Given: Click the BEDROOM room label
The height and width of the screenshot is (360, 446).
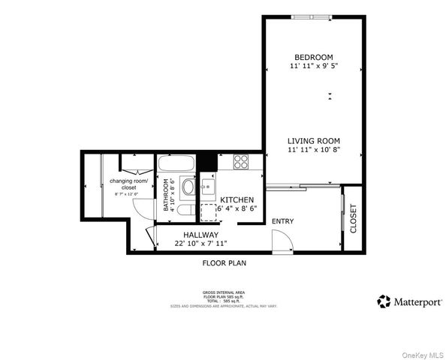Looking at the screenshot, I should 313,57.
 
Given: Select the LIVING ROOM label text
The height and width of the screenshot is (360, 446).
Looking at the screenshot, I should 314,140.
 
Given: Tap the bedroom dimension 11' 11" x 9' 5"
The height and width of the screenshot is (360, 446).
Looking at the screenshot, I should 313,67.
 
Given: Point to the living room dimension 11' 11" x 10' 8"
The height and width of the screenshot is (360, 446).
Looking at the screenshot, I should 314,150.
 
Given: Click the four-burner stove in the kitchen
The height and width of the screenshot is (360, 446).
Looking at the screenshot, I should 241,160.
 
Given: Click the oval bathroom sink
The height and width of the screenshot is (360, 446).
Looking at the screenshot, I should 188,187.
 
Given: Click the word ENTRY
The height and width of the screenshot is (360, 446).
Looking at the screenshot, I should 282,220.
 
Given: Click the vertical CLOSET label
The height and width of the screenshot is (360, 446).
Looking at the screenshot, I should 353,218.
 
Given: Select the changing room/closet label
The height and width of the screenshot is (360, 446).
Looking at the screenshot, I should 130,184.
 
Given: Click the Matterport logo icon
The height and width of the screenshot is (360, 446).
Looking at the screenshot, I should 384,301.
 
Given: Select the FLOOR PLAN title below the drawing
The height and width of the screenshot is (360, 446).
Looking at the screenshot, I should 224,263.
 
